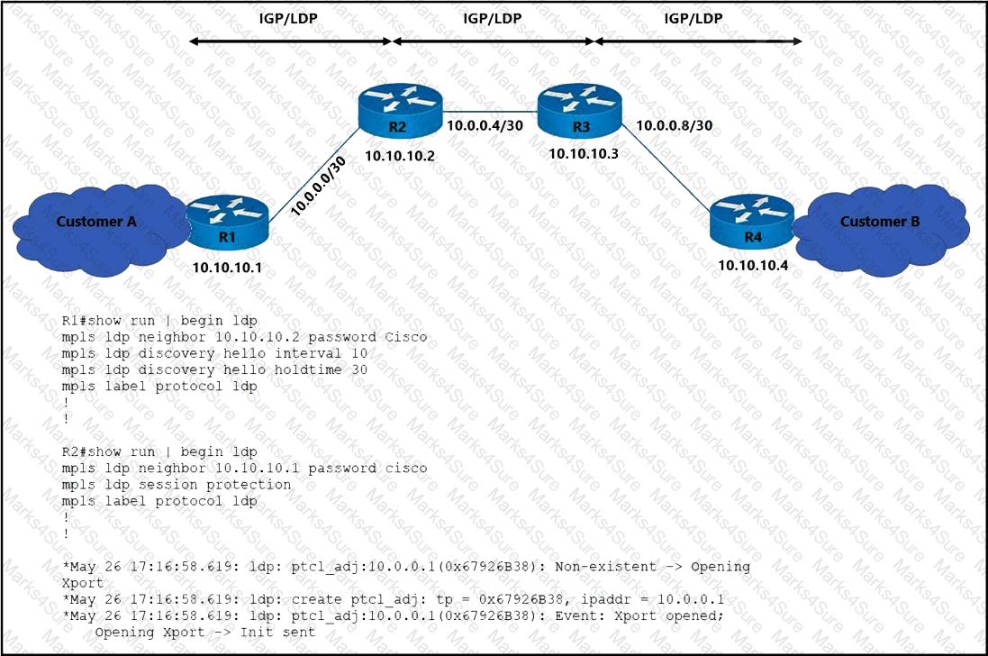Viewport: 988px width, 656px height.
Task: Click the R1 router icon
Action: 228,220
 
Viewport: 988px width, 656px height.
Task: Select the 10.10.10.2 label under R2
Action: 399,156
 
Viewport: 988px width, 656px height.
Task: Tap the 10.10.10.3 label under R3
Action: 584,153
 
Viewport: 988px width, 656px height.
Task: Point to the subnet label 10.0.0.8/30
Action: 675,126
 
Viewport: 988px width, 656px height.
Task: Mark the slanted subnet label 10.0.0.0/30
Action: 319,187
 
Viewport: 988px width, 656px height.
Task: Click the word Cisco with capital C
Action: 406,337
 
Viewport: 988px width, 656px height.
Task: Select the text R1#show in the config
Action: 90,321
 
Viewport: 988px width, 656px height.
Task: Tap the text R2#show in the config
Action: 90,451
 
